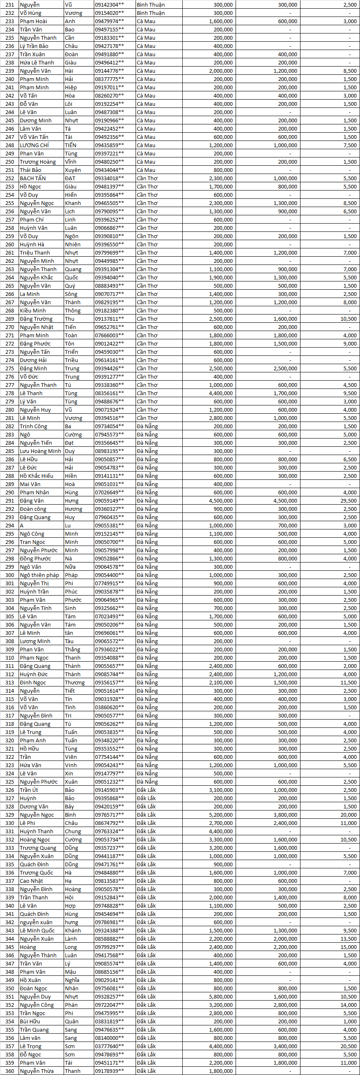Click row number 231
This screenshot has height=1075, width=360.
pos(9,5)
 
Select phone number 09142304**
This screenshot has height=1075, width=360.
pos(109,5)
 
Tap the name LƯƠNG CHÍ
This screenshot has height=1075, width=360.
pos(34,145)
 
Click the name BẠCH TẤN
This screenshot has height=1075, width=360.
pos(33,178)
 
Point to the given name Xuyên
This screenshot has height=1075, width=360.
pos(73,170)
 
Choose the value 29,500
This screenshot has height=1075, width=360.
pos(348,501)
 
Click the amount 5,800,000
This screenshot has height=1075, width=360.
pos(221,996)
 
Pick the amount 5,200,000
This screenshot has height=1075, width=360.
pos(221,815)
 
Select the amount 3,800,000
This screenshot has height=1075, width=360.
pos(285,815)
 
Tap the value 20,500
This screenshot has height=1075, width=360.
pos(348,1046)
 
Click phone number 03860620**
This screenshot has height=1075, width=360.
pos(109,707)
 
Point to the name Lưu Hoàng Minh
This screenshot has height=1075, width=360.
pos(41,451)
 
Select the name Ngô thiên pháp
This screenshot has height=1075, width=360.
pos(40,575)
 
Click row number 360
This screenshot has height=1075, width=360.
pos(9,1071)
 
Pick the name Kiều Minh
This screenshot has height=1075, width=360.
pos(33,310)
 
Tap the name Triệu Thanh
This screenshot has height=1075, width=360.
pos(35,253)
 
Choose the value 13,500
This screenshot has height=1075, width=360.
pos(348,939)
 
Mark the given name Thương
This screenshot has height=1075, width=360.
pos(75,683)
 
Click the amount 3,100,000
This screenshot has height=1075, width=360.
pos(221,790)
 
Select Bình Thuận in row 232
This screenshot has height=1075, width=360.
pos(150,13)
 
